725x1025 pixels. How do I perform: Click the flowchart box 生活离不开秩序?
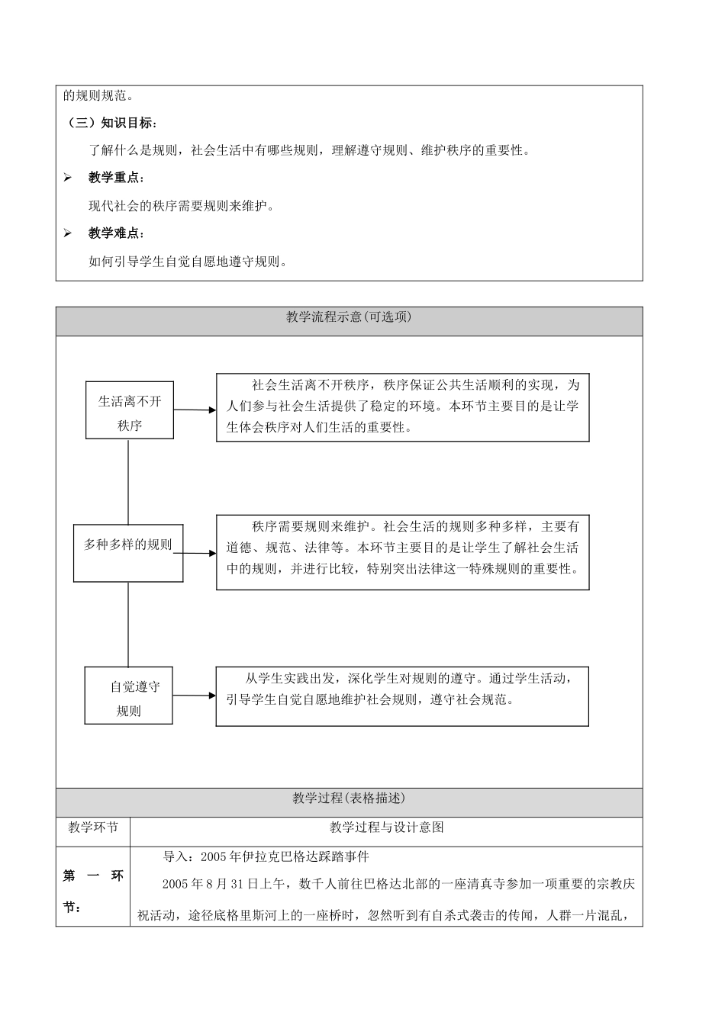130,410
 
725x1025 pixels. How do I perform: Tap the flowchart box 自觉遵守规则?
128,695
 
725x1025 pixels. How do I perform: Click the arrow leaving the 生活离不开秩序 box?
195,410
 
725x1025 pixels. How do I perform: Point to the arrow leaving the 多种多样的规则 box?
200,553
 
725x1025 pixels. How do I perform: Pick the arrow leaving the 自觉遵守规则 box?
195,695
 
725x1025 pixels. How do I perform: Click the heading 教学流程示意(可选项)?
349,317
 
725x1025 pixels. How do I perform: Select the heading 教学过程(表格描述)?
349,798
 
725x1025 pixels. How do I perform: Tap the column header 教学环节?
93,827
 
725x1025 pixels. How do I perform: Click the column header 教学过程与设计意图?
386,827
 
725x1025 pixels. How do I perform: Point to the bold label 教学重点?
114,178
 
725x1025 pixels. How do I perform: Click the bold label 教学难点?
114,233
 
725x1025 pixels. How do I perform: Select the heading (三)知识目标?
111,123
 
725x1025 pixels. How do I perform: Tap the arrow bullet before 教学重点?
68,178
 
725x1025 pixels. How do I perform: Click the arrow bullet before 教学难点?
68,233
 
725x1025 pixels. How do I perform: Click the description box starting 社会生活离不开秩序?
403,407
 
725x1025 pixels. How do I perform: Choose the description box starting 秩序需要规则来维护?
403,552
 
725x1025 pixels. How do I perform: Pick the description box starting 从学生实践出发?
403,696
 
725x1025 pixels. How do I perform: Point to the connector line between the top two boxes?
128,481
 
